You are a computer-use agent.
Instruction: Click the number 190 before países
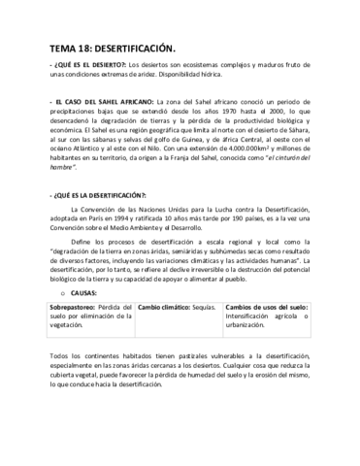pyautogui.click(x=259, y=220)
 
